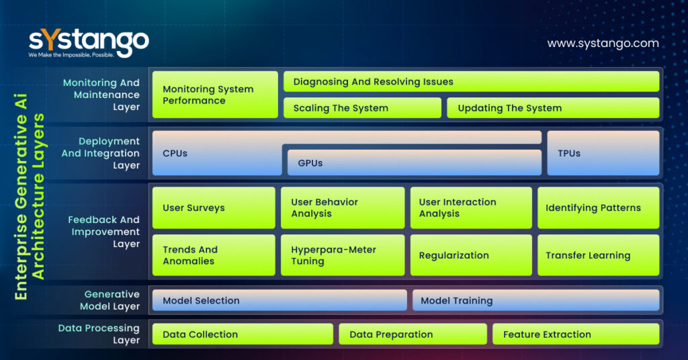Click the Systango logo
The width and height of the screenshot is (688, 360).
tap(88, 43)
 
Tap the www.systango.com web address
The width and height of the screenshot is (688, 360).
tap(603, 43)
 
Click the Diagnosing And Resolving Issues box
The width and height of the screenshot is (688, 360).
tap(471, 82)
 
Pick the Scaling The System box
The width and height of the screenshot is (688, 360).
tap(362, 108)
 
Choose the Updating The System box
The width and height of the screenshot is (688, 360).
tap(553, 108)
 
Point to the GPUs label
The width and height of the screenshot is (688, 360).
tap(310, 163)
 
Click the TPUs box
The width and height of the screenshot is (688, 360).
tap(603, 153)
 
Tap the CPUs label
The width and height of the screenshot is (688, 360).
tap(175, 153)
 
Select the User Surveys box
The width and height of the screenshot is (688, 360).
tap(214, 208)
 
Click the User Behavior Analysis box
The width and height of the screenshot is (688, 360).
tap(343, 208)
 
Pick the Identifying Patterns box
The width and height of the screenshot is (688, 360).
tap(598, 208)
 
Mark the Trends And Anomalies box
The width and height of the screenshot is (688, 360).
tap(214, 255)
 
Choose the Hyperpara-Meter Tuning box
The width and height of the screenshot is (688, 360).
tap(343, 255)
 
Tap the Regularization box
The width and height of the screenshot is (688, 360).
tap(472, 255)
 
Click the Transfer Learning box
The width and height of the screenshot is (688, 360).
tap(598, 255)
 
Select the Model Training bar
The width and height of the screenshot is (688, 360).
tap(535, 300)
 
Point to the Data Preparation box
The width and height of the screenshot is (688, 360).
tap(413, 334)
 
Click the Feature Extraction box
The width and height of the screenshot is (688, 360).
tap(576, 334)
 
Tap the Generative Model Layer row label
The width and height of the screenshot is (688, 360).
tap(110, 300)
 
